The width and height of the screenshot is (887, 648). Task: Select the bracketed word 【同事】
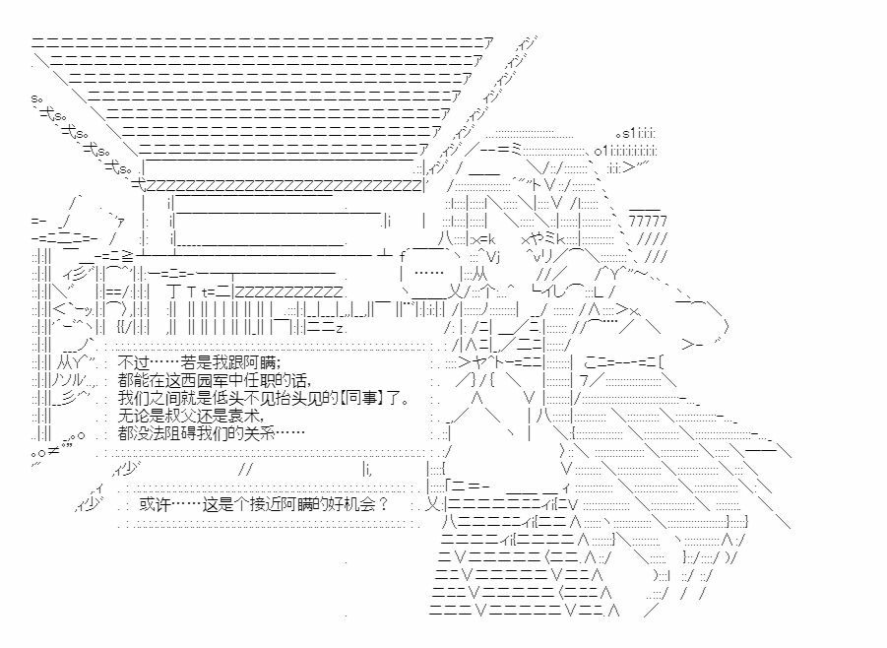(x=342, y=398)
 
